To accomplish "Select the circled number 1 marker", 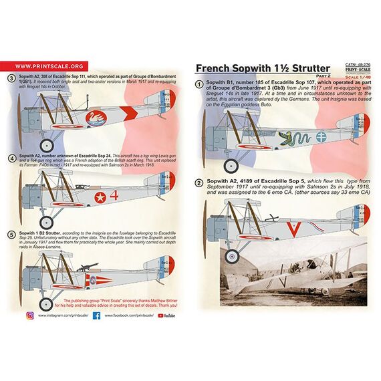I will click(x=199, y=85).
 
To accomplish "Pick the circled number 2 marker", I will click(x=199, y=183).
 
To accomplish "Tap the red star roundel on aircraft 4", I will click(x=102, y=197).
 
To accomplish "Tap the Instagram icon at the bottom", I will click(x=31, y=314).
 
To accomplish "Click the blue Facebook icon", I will click(x=96, y=314).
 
